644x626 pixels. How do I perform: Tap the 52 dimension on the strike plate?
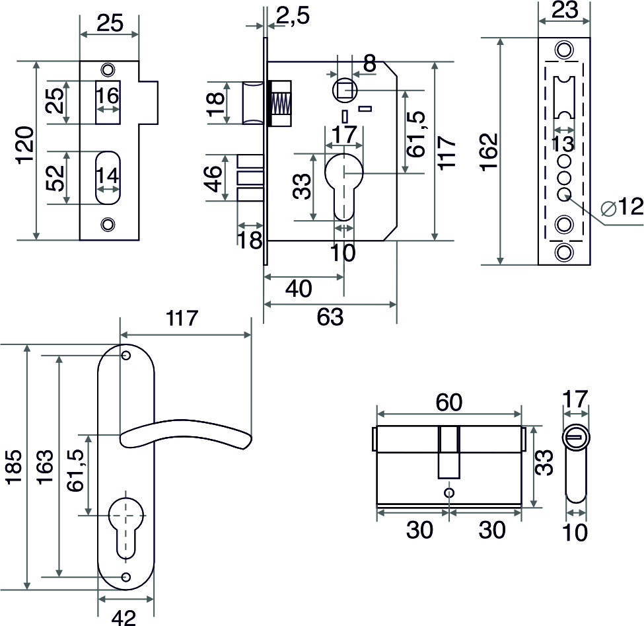(56, 178)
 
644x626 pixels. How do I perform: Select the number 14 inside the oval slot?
(108, 176)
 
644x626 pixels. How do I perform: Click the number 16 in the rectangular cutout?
(108, 97)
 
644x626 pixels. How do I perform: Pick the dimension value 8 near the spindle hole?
(369, 64)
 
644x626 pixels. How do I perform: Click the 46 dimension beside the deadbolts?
(213, 178)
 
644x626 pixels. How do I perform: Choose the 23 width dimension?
(563, 10)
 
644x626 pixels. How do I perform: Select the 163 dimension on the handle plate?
(44, 467)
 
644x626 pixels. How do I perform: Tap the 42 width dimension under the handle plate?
(124, 617)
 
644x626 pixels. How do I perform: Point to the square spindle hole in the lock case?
(343, 88)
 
